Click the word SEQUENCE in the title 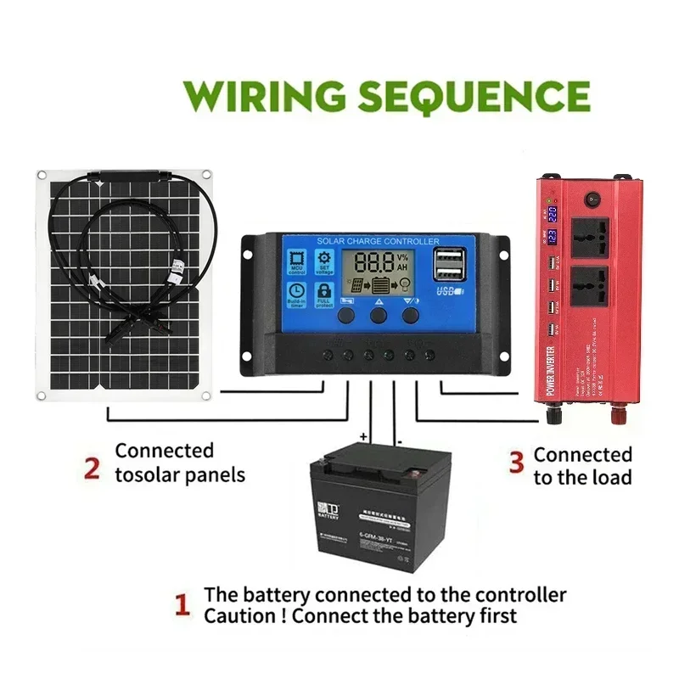coord(473,95)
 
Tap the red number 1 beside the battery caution coord(181,605)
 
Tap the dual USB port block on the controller coord(447,265)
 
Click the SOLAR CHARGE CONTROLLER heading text coord(378,242)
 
